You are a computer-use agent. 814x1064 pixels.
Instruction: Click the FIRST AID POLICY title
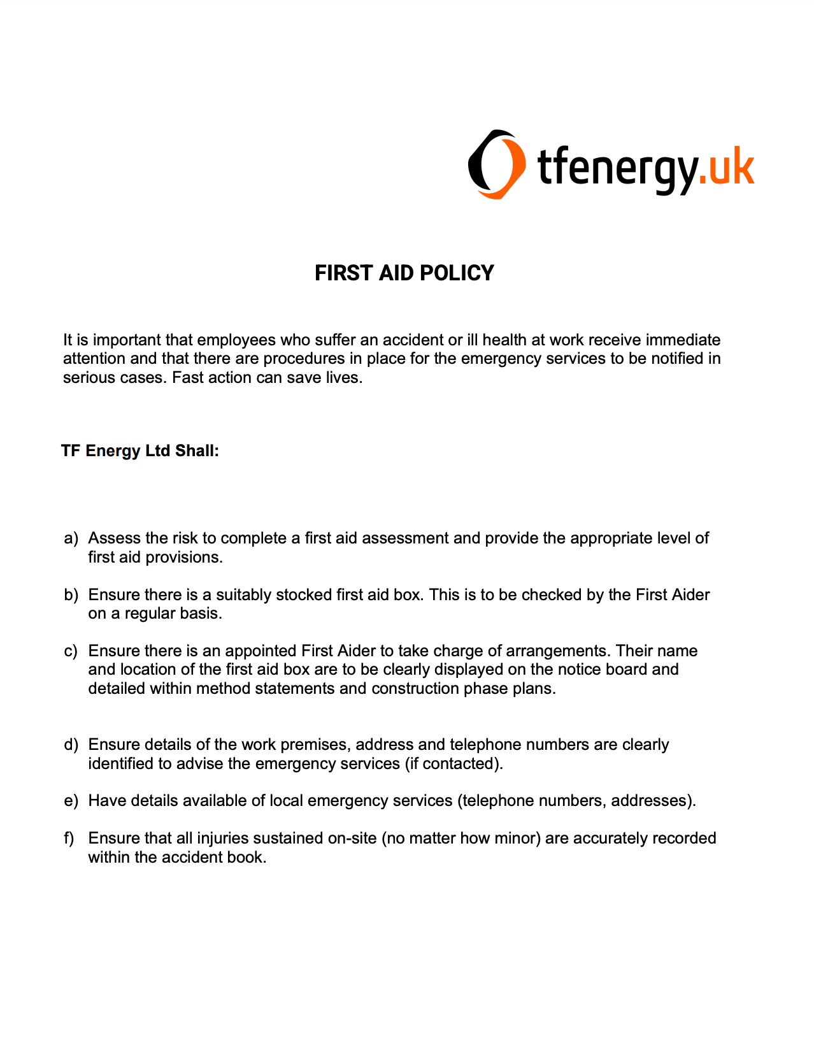(404, 273)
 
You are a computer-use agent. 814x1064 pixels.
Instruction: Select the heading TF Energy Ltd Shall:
(140, 451)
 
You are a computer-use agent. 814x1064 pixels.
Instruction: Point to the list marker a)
(71, 538)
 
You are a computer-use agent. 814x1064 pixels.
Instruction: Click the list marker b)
(71, 595)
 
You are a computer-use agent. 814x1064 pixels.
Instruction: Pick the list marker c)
(71, 651)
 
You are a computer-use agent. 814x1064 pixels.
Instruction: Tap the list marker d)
(71, 745)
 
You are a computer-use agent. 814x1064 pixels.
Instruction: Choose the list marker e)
(71, 801)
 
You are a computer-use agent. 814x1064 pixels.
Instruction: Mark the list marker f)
(69, 838)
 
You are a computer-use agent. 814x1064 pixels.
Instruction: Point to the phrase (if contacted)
(453, 764)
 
